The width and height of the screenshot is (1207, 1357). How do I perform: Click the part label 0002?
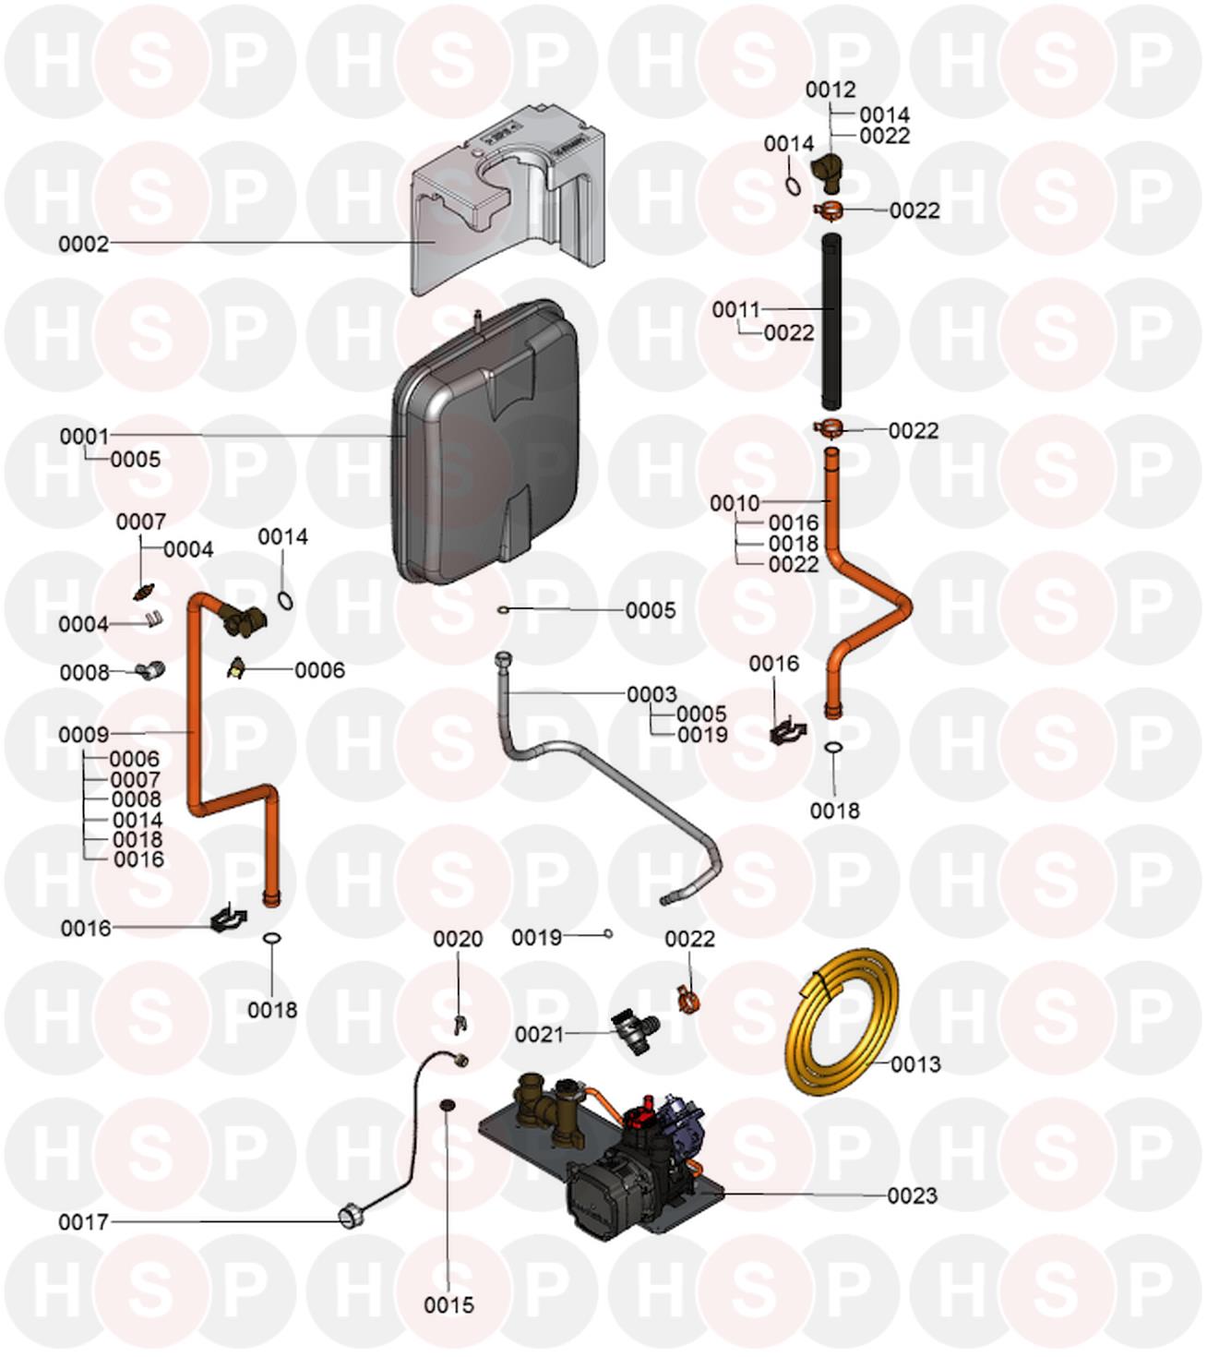83,245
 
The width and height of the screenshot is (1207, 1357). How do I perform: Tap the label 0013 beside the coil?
915,1064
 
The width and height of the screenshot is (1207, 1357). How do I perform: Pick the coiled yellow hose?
840,1025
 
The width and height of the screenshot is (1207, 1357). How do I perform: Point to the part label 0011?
735,309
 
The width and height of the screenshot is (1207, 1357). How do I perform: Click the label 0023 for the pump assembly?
912,1195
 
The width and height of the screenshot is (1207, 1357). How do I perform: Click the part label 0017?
83,1222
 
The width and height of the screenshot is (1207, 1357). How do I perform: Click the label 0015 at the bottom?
448,1304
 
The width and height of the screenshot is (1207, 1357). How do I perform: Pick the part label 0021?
539,1034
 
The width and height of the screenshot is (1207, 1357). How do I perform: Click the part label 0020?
458,939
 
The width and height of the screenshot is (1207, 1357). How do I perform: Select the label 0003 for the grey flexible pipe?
651,693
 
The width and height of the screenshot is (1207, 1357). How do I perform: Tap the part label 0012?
831,90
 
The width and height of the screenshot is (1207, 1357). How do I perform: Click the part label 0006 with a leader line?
319,670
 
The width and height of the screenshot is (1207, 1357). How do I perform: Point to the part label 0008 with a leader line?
85,672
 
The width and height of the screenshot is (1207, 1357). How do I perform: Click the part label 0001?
84,436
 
